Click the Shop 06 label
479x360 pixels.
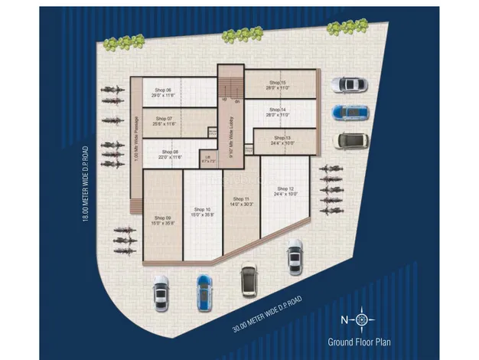pyautogui.click(x=164, y=90)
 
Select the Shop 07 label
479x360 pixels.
pyautogui.click(x=164, y=119)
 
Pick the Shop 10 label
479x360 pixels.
pyautogui.click(x=202, y=209)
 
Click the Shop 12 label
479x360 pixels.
pyautogui.click(x=285, y=188)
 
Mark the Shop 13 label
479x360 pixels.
pyautogui.click(x=281, y=138)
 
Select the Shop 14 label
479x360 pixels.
pyautogui.click(x=276, y=110)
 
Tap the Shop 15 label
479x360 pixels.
pyautogui.click(x=276, y=83)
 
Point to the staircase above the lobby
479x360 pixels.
pyautogui.click(x=230, y=83)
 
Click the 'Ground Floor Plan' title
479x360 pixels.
pyautogui.click(x=360, y=342)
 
